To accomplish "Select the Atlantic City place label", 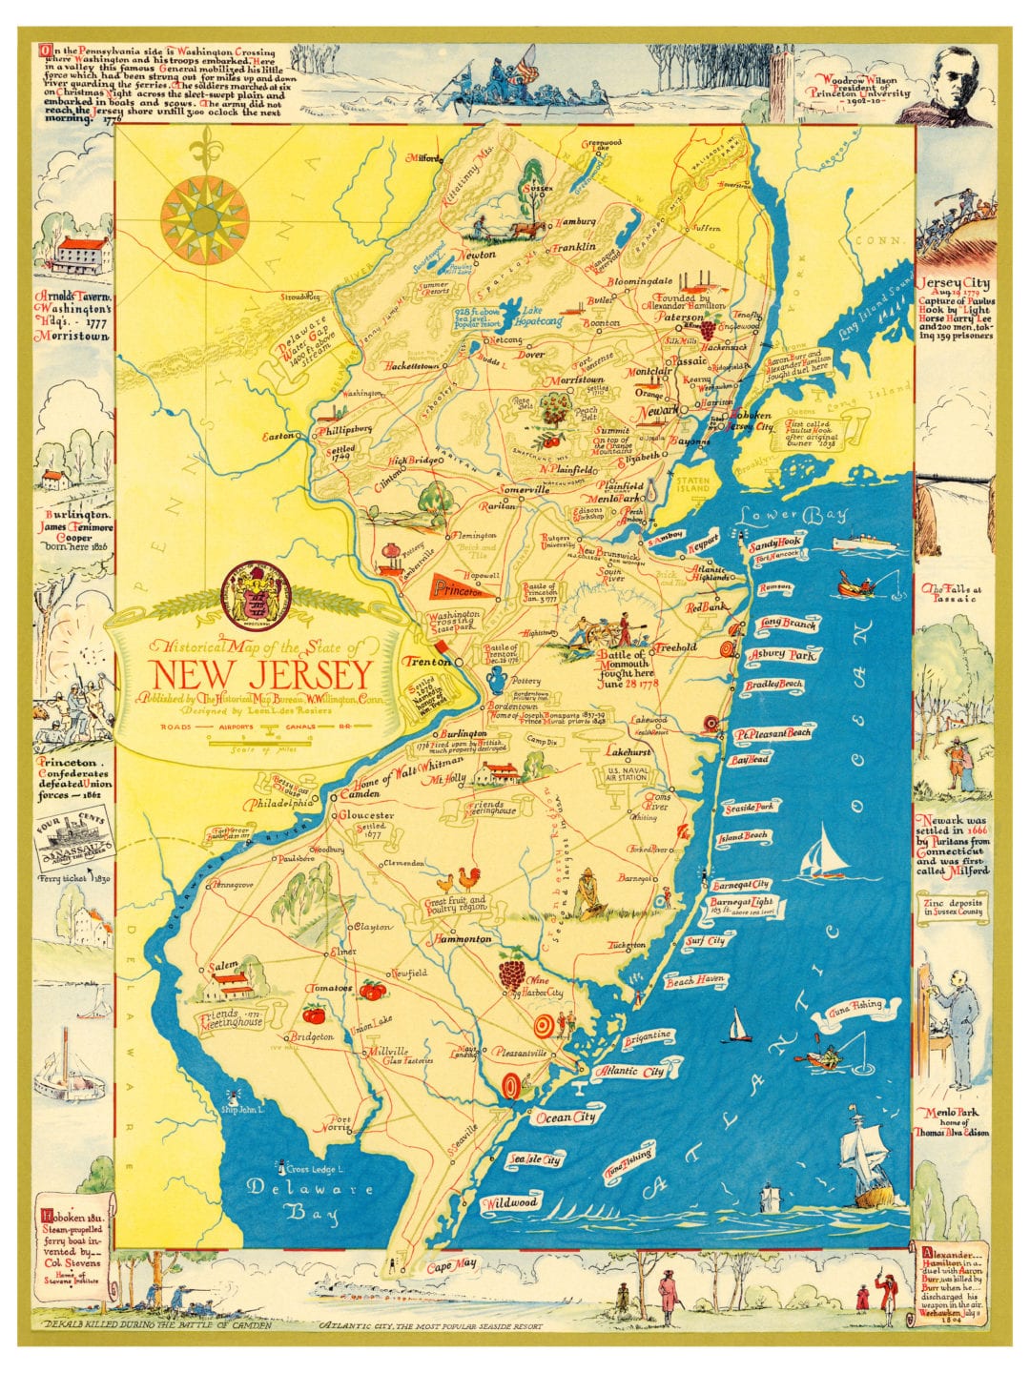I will click(629, 1072).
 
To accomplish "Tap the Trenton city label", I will click(425, 661).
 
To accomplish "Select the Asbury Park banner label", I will click(781, 655).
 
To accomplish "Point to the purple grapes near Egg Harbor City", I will click(512, 973).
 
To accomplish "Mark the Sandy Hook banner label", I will click(775, 543).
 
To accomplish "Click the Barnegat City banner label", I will click(740, 885).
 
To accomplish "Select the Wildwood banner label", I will click(510, 1203).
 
